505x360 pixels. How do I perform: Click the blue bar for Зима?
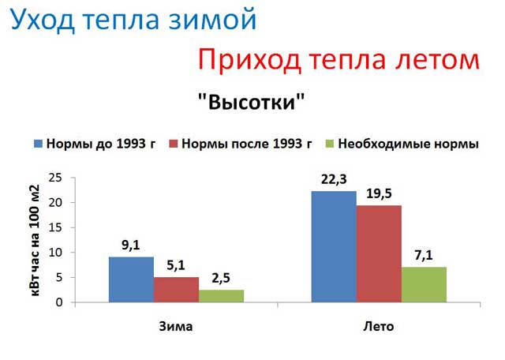click(132, 279)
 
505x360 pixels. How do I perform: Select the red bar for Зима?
click(177, 290)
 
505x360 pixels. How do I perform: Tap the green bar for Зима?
click(222, 296)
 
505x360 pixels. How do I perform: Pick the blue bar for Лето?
click(334, 246)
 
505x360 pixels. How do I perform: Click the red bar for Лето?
click(379, 253)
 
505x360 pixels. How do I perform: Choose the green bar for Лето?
click(425, 284)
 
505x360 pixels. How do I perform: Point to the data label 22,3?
click(334, 180)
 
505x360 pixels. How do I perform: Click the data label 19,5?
click(379, 193)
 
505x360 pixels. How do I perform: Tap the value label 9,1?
click(131, 246)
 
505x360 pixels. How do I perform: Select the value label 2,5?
click(221, 278)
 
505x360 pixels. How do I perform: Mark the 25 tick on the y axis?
click(55, 178)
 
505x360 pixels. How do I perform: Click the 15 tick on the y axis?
click(55, 227)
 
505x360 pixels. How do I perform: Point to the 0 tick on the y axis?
click(59, 302)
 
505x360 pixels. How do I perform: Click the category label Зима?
click(176, 327)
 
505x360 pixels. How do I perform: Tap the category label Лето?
click(379, 327)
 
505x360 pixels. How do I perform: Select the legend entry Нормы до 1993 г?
click(95, 144)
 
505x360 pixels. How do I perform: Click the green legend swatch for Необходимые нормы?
click(330, 144)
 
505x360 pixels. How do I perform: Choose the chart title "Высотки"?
click(252, 102)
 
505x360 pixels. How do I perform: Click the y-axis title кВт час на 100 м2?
click(35, 241)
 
